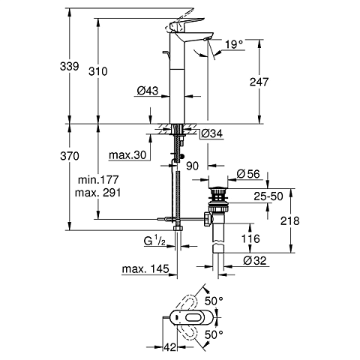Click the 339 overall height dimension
pos(70,67)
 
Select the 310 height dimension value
pos(98,71)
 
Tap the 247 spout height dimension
pos(259,82)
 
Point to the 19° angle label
pos(234,44)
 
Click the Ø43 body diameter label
pos(148,91)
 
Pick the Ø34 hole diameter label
pos(211,133)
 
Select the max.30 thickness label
pos(127,155)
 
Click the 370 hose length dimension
pos(70,156)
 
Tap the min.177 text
pos(98,179)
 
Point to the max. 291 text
pos(98,193)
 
